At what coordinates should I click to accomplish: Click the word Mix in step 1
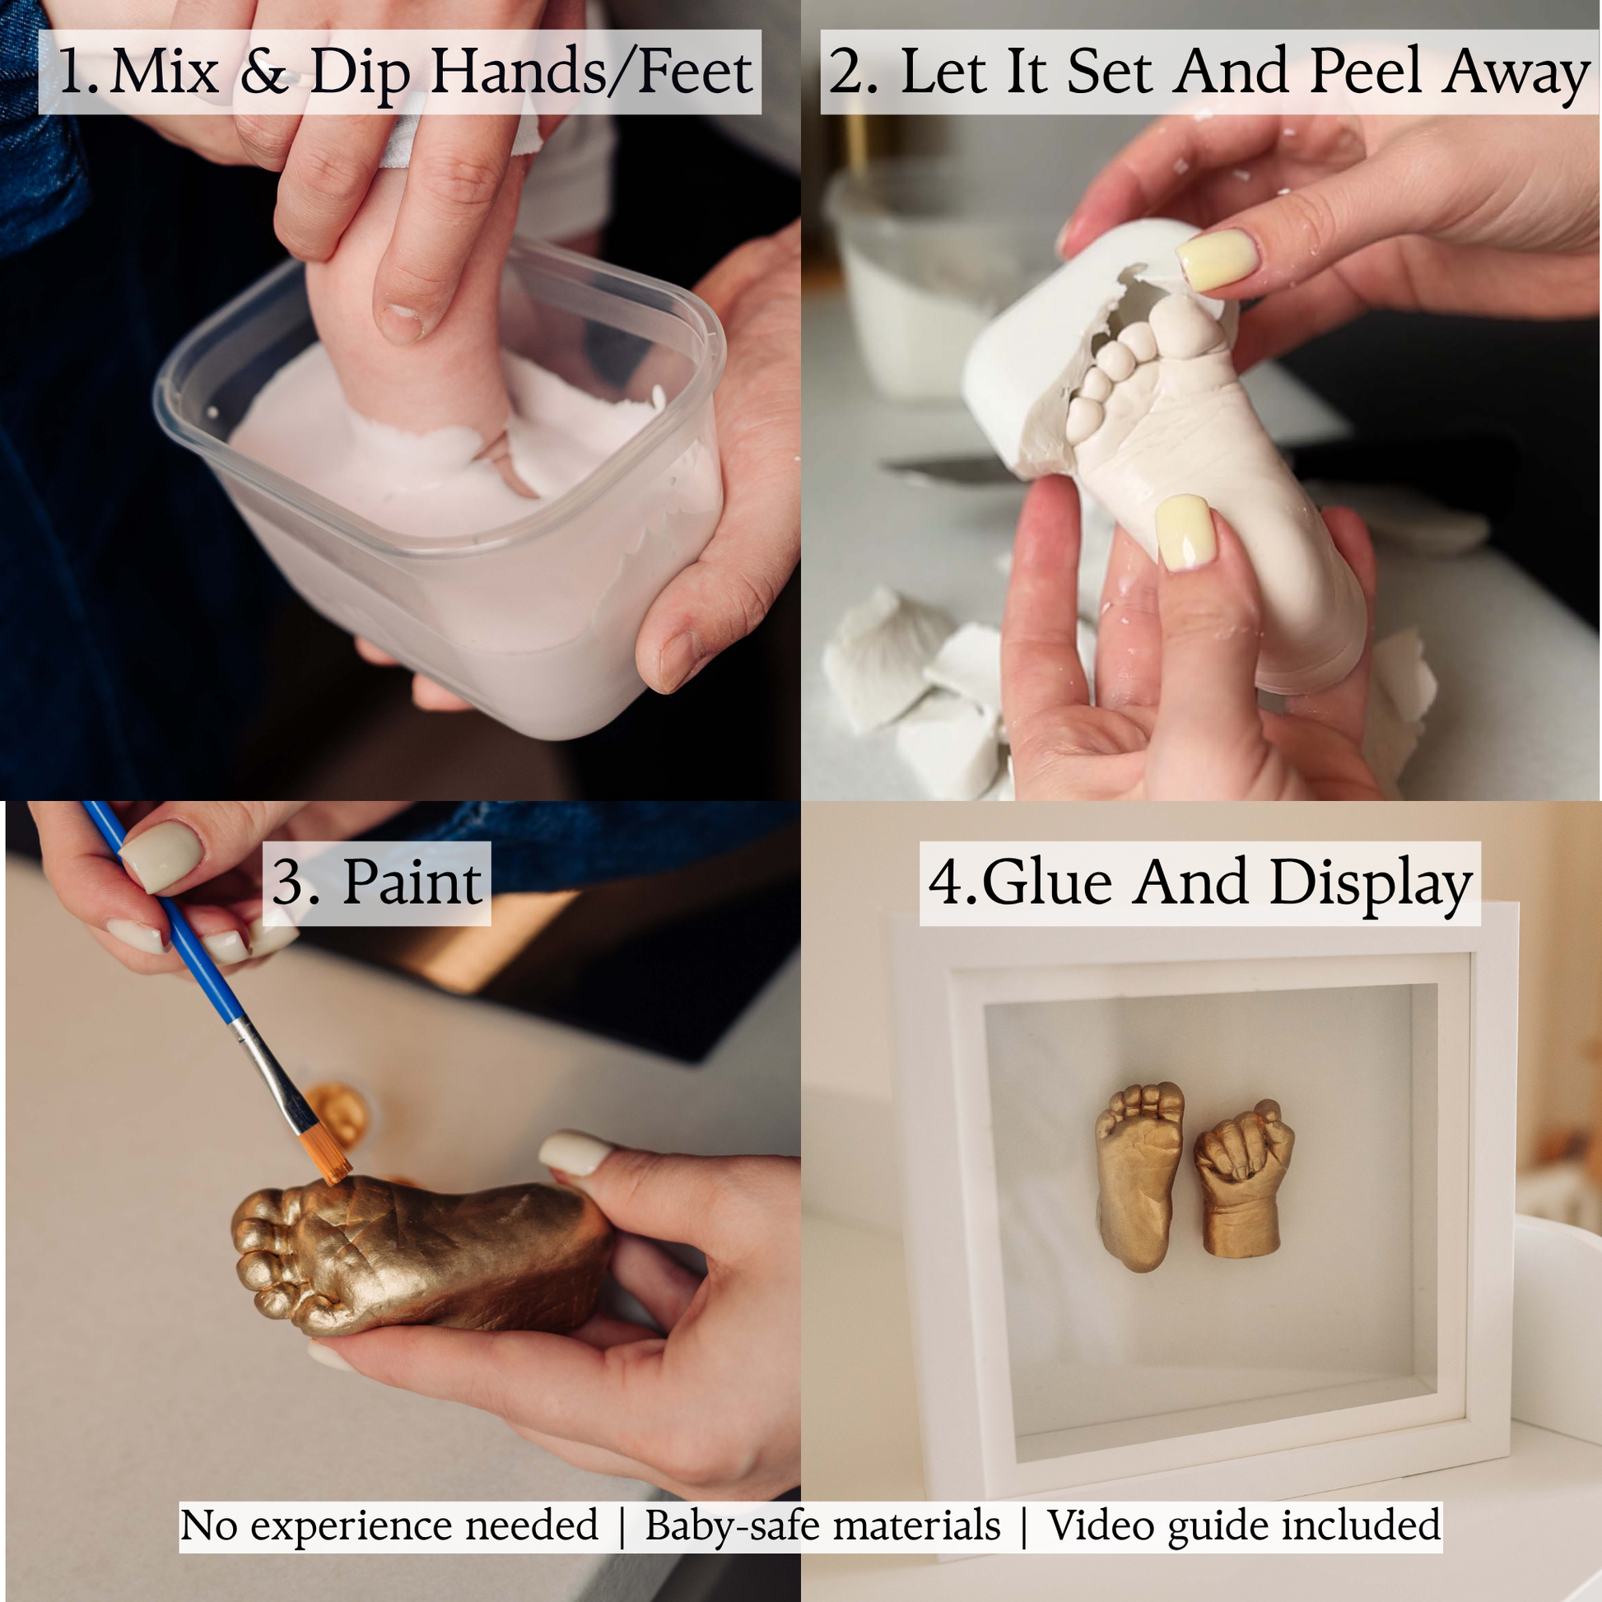pyautogui.click(x=164, y=72)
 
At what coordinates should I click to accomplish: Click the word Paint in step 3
pyautogui.click(x=412, y=882)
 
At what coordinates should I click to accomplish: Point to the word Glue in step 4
pyautogui.click(x=1046, y=882)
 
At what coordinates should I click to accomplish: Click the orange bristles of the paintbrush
pyautogui.click(x=326, y=1154)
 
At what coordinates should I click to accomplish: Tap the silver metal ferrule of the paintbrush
pyautogui.click(x=270, y=1073)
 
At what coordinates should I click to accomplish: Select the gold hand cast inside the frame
pyautogui.click(x=1241, y=1179)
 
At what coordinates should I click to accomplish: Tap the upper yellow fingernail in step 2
pyautogui.click(x=1218, y=259)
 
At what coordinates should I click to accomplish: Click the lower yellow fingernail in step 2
pyautogui.click(x=1185, y=532)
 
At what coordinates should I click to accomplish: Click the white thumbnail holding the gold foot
pyautogui.click(x=574, y=1153)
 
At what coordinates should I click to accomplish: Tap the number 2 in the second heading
pyautogui.click(x=845, y=72)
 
